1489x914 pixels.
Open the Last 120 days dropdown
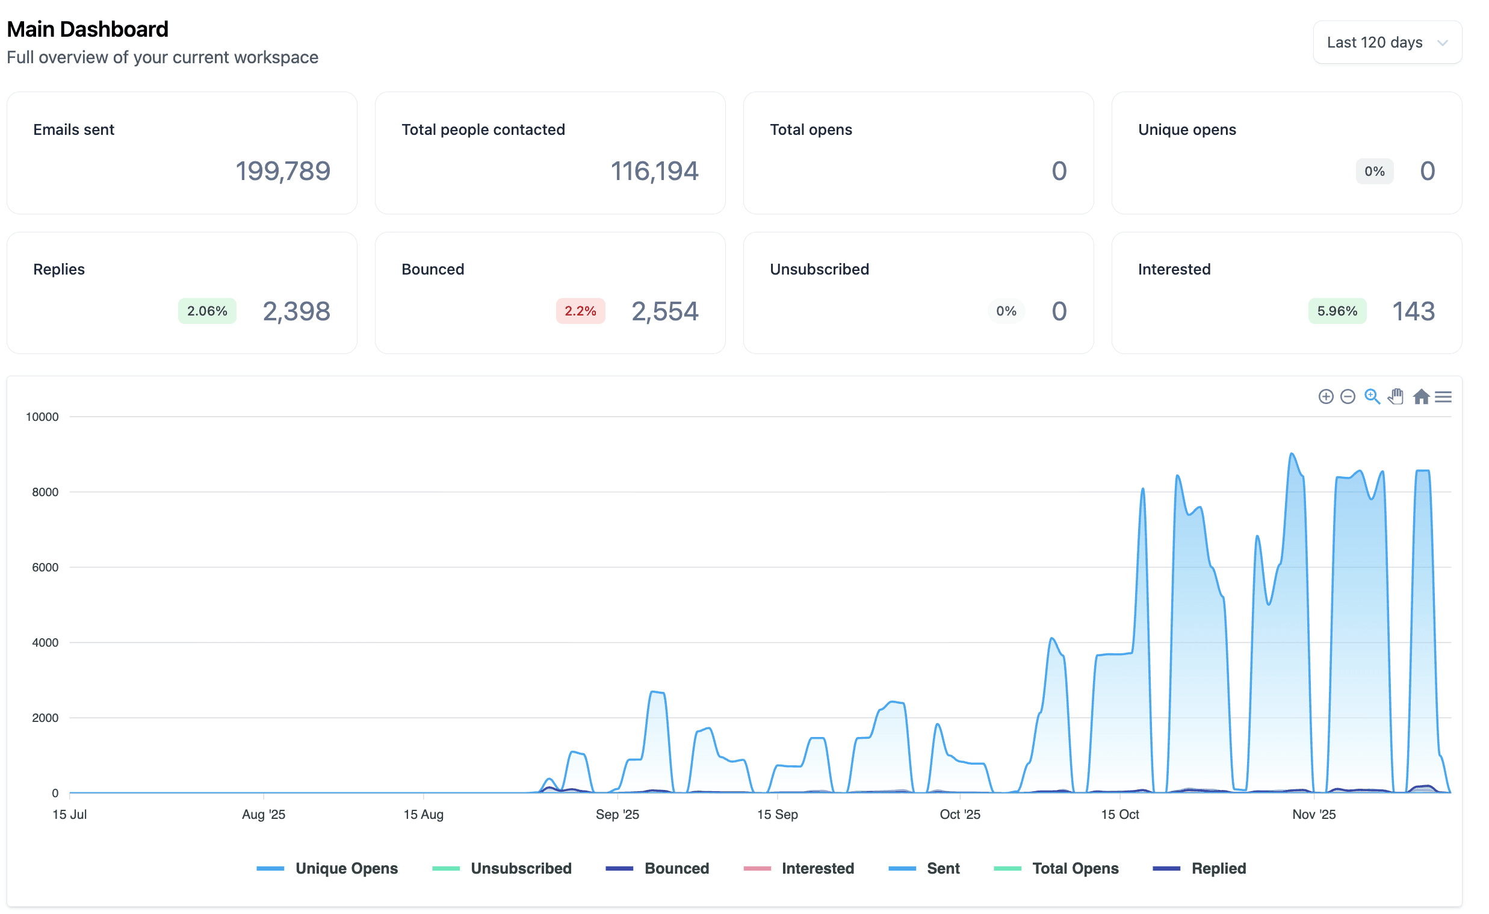coord(1387,42)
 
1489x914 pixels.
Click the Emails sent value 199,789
coord(283,171)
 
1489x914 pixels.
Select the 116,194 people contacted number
coord(654,171)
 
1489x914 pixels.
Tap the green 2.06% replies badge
coord(207,311)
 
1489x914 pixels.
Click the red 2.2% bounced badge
coord(580,311)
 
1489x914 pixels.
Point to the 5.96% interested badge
coord(1337,311)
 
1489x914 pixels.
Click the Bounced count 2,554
coord(664,311)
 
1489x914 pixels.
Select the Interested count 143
coord(1413,311)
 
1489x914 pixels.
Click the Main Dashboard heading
coord(88,29)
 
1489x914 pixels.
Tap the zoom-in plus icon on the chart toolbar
coord(1325,397)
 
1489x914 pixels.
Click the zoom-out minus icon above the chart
coord(1348,397)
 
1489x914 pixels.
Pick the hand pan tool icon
coord(1396,397)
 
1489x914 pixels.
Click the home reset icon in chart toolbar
coord(1422,397)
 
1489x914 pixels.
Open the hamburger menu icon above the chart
coord(1443,397)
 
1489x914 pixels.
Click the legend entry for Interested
coord(799,869)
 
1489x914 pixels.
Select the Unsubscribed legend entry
coord(502,869)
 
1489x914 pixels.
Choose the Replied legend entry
coord(1200,869)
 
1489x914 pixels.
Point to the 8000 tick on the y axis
coord(45,492)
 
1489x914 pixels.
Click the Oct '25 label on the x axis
coord(959,814)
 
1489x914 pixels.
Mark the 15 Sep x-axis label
coord(778,814)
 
